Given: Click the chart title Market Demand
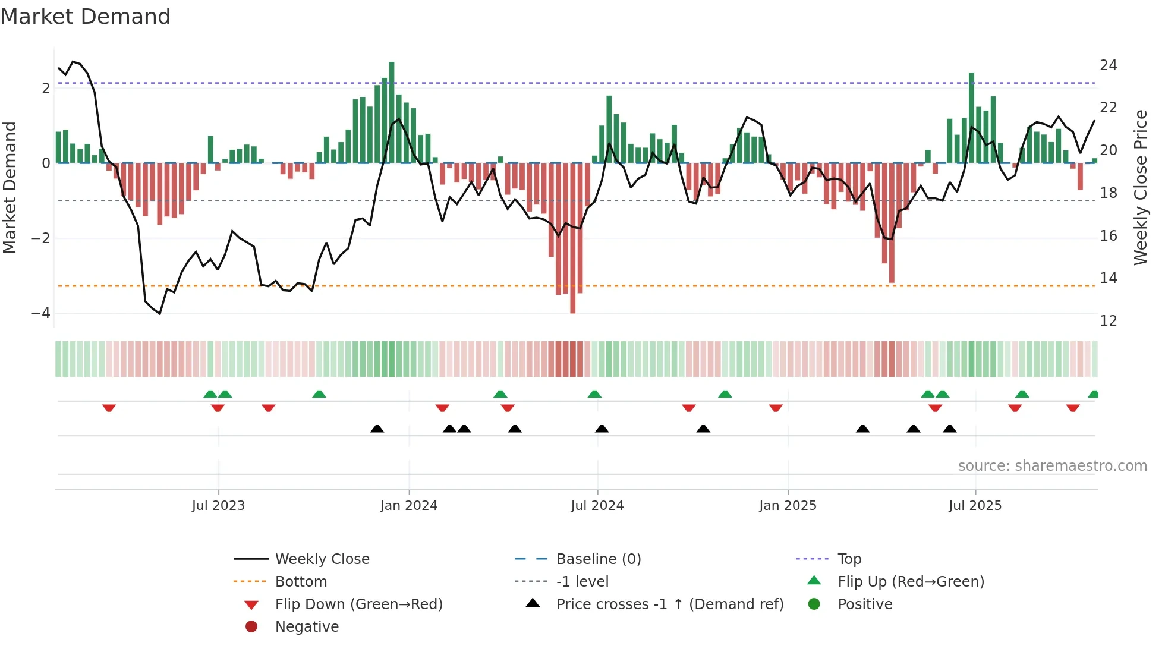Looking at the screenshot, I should pos(86,17).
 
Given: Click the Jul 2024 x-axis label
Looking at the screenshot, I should pos(597,506).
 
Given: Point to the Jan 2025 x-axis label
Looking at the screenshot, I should pos(788,506).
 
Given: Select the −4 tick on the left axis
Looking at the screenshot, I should pos(40,313).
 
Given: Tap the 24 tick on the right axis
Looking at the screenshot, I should pos(1108,65).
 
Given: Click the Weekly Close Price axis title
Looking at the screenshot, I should pos(1140,187).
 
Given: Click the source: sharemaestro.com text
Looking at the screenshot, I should pos(1052,466).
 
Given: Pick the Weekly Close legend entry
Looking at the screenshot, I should pos(322,559).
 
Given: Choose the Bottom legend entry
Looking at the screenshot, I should pos(301,582).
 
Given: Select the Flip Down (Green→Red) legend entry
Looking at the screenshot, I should pos(358,604).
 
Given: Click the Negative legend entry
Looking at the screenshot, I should pos(307,627).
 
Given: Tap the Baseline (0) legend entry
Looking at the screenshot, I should pos(598,559).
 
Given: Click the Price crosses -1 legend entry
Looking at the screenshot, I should pos(669,604).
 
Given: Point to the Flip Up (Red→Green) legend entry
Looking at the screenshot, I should pos(911,582).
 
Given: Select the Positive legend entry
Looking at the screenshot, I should pos(865,604).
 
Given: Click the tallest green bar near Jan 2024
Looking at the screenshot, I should pos(392,113).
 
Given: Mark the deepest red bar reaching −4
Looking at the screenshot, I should pos(572,238).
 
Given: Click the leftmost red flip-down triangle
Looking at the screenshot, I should pos(109,408).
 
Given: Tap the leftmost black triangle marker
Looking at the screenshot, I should pos(377,429).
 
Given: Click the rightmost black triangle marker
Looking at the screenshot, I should pos(950,429).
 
